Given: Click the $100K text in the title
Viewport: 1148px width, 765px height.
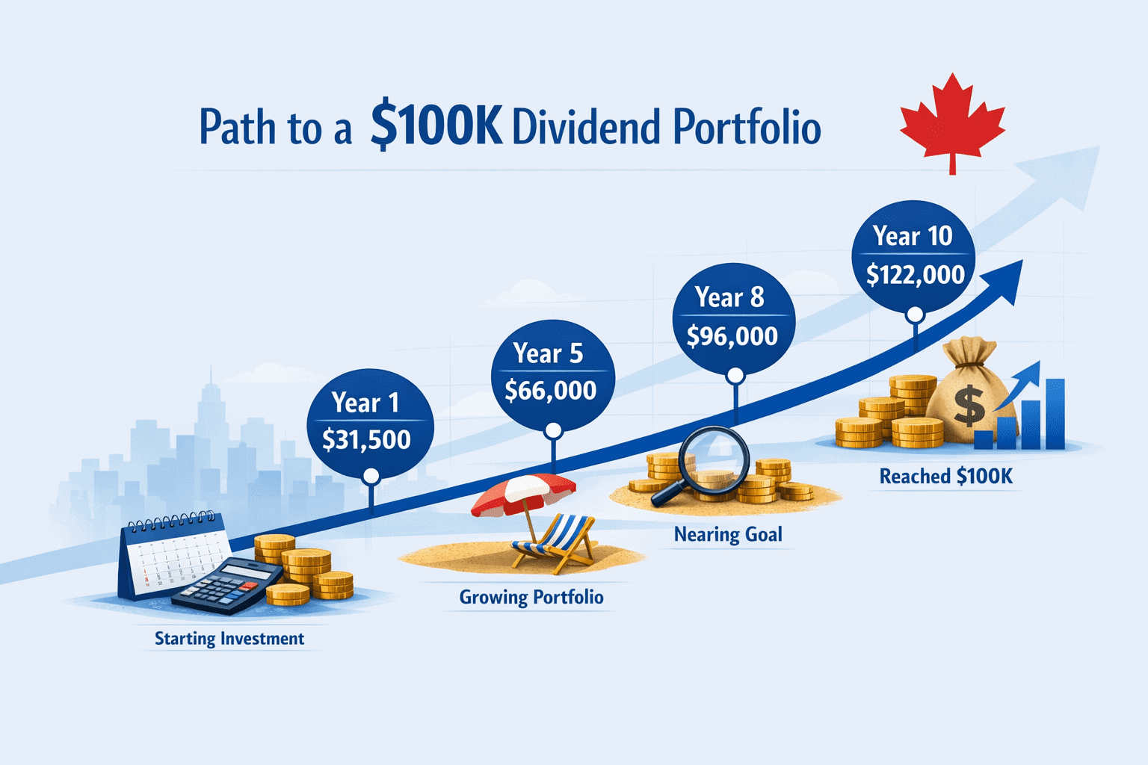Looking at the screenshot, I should coord(436,127).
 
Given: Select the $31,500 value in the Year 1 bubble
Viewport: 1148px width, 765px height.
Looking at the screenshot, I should coord(366,440).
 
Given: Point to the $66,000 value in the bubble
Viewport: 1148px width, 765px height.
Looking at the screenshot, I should coord(551,391).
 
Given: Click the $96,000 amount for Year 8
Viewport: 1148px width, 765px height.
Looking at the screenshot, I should coord(732,337).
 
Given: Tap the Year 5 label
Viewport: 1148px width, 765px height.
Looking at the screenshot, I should coord(548,353).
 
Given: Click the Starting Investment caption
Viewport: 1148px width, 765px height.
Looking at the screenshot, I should coord(229,639).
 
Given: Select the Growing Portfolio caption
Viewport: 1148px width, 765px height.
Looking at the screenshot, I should coord(531,598).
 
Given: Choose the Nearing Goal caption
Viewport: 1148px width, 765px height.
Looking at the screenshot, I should coord(728,535).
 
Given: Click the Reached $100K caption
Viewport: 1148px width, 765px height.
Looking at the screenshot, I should coord(946,477).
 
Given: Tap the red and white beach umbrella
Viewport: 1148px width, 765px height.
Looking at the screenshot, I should coord(523,493).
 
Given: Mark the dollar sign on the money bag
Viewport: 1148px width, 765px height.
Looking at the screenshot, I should coord(969,406).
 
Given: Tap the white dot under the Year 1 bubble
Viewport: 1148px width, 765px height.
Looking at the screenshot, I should coord(371,476).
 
